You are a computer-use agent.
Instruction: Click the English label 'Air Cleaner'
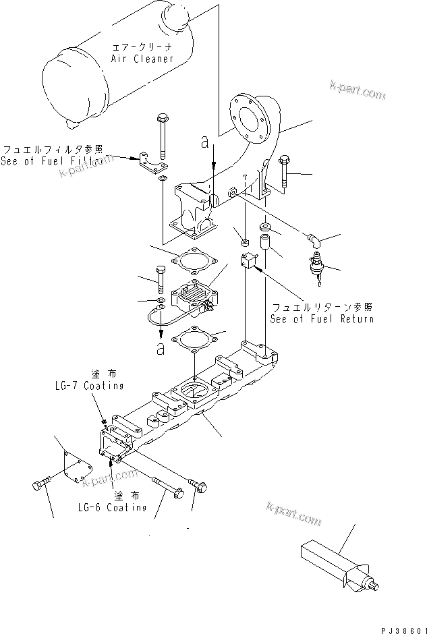click(x=142, y=59)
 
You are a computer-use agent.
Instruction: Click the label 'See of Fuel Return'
click(x=321, y=319)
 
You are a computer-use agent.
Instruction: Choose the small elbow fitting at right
click(x=314, y=241)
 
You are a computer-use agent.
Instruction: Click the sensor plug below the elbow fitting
click(x=315, y=262)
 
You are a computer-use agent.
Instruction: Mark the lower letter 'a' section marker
click(x=160, y=349)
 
